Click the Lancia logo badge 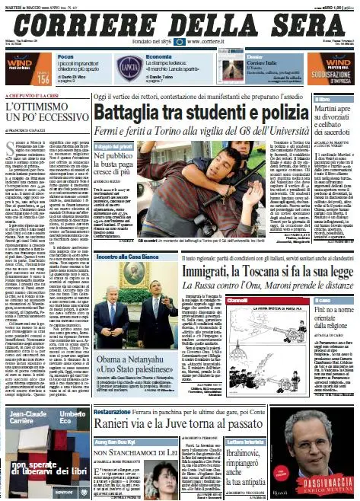(x=126, y=67)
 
